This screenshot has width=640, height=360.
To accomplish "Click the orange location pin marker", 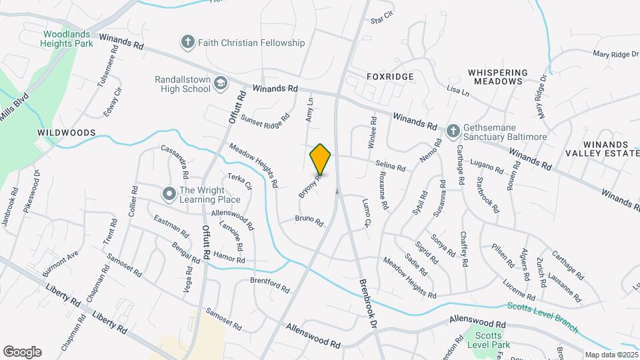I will point(321,159).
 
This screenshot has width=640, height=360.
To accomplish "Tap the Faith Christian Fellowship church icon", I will point(188,43).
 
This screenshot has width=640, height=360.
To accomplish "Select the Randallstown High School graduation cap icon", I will point(220,83).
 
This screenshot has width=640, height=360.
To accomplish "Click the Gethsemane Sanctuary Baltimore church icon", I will point(453,131).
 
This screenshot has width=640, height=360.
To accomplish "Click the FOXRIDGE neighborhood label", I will point(390,77).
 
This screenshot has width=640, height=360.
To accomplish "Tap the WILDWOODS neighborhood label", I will point(67,133).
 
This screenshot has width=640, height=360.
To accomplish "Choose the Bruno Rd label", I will point(309,220).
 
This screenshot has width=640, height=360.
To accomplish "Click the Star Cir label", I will point(383,17).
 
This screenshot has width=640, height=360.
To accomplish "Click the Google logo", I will point(22,352).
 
